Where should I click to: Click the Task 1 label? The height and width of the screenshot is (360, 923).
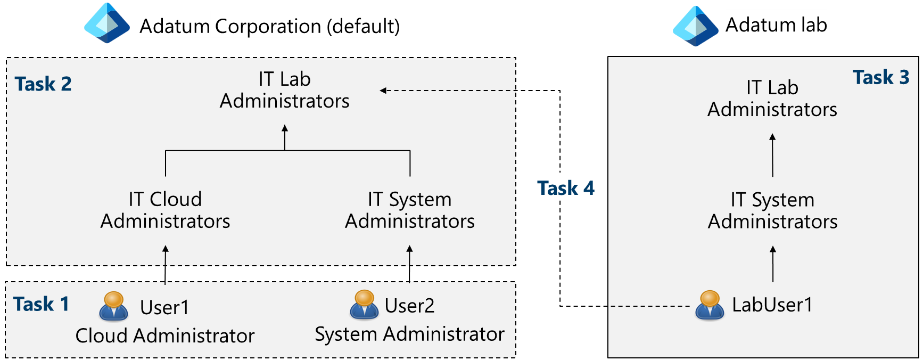[x=41, y=304]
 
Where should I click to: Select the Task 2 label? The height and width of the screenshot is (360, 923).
[x=43, y=84]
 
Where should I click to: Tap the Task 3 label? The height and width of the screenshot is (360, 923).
[x=880, y=77]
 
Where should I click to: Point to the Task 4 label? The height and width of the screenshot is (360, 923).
[x=565, y=188]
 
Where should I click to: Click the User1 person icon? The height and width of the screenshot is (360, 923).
[x=113, y=306]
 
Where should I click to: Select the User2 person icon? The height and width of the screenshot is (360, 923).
[x=364, y=305]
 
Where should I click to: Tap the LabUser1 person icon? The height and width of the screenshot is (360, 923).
[x=710, y=305]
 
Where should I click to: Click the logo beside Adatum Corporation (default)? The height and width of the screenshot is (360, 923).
[x=107, y=24]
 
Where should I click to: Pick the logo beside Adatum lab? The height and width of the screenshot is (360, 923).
[x=695, y=26]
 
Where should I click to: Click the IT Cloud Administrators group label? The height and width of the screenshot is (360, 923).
[x=165, y=210]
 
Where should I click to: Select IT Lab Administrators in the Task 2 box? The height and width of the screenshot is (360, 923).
[x=285, y=90]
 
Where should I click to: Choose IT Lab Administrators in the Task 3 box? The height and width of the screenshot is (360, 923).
[x=772, y=99]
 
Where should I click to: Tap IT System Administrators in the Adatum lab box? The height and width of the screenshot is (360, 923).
[x=772, y=210]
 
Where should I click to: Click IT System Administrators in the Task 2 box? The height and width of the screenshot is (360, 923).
[x=409, y=210]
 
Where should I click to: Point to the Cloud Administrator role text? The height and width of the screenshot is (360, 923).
[x=165, y=336]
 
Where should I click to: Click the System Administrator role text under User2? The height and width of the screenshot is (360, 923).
[x=409, y=334]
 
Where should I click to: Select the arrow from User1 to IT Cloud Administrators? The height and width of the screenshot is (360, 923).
[x=166, y=264]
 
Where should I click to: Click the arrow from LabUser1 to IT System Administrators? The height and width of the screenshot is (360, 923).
[x=773, y=264]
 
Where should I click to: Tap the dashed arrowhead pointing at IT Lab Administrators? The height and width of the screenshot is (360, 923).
[x=383, y=91]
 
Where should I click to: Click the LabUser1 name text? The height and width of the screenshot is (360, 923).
[x=772, y=305]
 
